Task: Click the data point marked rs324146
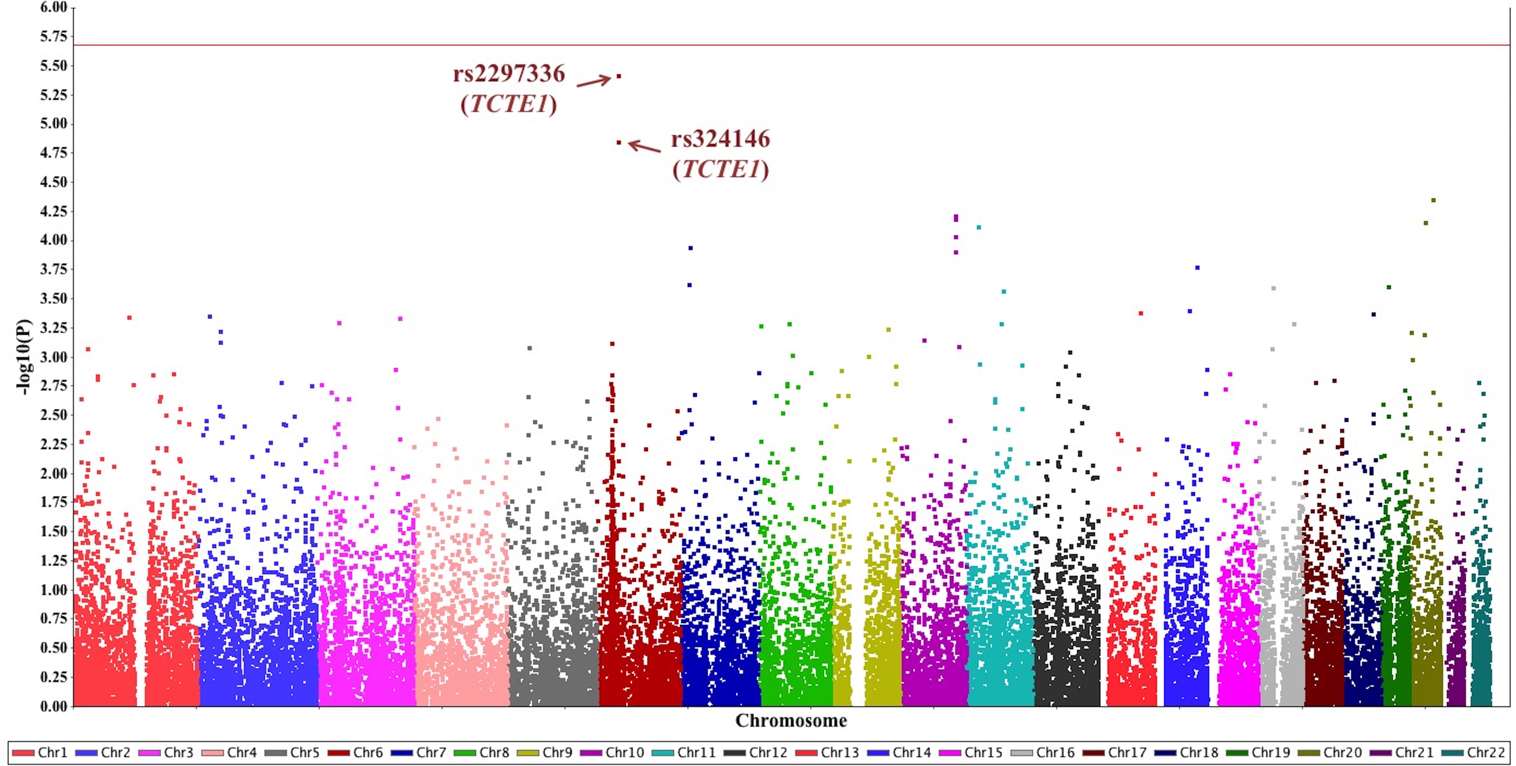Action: click(x=619, y=143)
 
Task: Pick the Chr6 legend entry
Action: click(x=356, y=752)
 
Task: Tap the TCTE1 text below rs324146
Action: click(x=720, y=169)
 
